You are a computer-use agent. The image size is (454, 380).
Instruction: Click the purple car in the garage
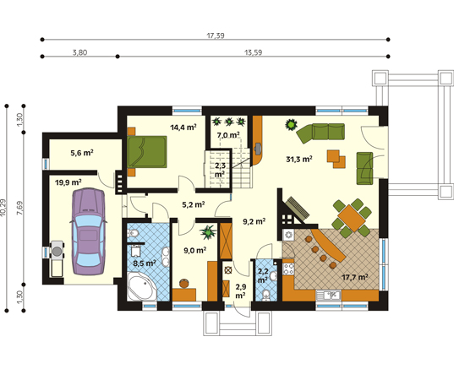point(88,231)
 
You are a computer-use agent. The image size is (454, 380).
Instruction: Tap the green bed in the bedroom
point(147,152)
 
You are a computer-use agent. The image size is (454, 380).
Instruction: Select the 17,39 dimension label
point(216,35)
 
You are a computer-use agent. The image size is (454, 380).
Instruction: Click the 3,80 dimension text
point(79,52)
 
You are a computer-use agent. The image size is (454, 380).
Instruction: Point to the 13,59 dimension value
point(254,52)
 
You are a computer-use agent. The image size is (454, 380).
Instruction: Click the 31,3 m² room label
point(299,159)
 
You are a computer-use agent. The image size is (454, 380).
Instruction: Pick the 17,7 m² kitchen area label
point(355,277)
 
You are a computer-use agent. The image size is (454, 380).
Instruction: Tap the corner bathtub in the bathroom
point(142,286)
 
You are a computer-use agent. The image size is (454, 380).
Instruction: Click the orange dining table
point(351,218)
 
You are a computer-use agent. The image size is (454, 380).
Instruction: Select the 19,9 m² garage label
point(68,182)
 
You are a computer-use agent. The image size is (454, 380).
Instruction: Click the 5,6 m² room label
point(82,152)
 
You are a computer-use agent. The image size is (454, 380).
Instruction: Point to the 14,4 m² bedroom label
point(183,127)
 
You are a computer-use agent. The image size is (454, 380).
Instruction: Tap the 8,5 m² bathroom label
point(145,263)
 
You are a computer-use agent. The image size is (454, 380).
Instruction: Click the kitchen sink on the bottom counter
point(328,296)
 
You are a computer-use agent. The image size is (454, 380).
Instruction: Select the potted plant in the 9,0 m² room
point(208,232)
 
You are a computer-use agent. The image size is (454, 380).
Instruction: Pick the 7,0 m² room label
point(228,135)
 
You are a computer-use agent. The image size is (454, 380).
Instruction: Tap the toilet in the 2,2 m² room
point(265,296)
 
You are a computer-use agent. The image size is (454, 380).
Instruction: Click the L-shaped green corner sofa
point(321,133)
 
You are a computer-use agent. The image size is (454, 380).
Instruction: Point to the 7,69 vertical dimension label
point(20,208)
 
